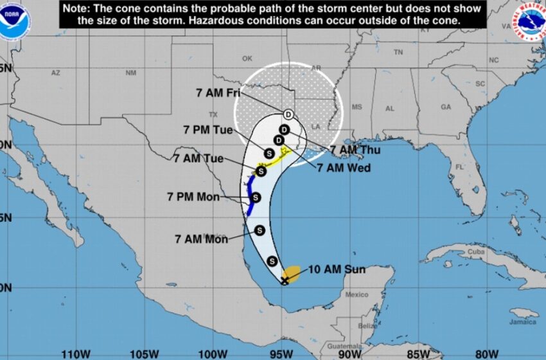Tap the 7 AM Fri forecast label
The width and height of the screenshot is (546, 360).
[217, 93]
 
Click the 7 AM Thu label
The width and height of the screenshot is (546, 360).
[355, 150]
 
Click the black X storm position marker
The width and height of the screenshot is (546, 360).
[285, 281]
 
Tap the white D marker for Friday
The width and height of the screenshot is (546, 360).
[288, 114]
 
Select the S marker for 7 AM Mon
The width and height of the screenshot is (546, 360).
[260, 230]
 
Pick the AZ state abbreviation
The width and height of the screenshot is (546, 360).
[55, 73]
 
